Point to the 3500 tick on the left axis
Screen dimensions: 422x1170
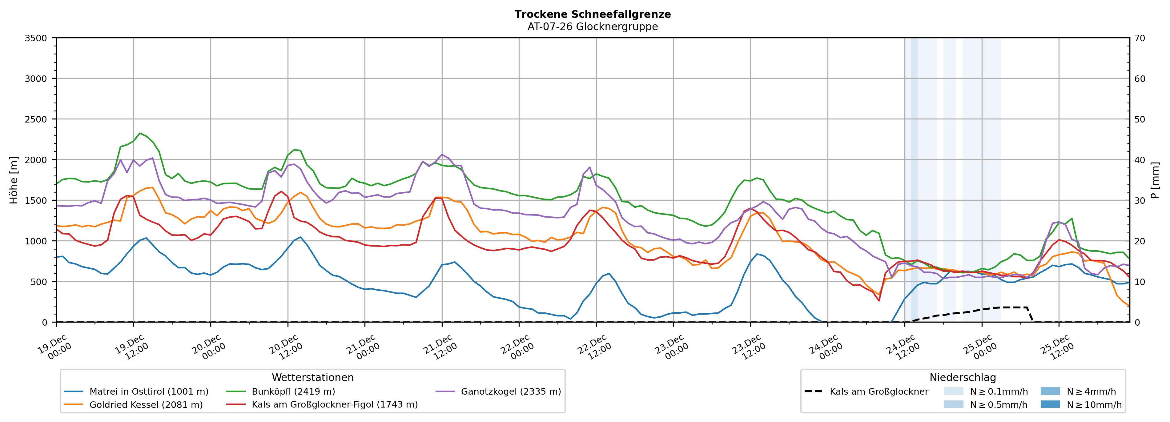(x=36, y=38)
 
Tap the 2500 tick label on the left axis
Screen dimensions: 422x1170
(x=36, y=119)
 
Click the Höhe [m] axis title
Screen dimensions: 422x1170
(x=14, y=180)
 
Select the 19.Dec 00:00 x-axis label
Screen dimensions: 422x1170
(x=54, y=348)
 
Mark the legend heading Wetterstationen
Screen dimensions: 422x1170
(x=312, y=377)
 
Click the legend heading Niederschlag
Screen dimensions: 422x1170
(x=963, y=377)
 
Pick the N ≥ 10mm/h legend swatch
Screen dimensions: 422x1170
(x=1050, y=404)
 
